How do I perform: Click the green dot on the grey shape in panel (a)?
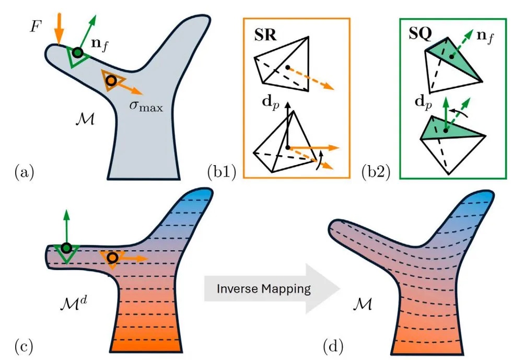pyautogui.click(x=77, y=52)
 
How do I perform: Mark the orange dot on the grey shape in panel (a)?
pyautogui.click(x=111, y=81)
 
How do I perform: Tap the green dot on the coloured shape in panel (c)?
pyautogui.click(x=66, y=248)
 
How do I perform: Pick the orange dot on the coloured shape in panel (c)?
pyautogui.click(x=112, y=258)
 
